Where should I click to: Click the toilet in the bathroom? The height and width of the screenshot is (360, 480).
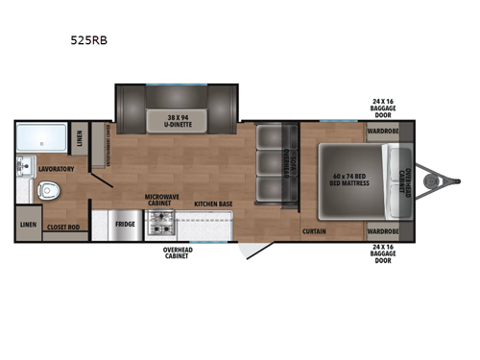(x=50, y=190)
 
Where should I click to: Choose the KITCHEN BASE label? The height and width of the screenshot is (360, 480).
(x=212, y=204)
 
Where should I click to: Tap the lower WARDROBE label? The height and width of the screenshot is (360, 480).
(x=383, y=231)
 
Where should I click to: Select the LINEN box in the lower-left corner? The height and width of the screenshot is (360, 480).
(x=28, y=228)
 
